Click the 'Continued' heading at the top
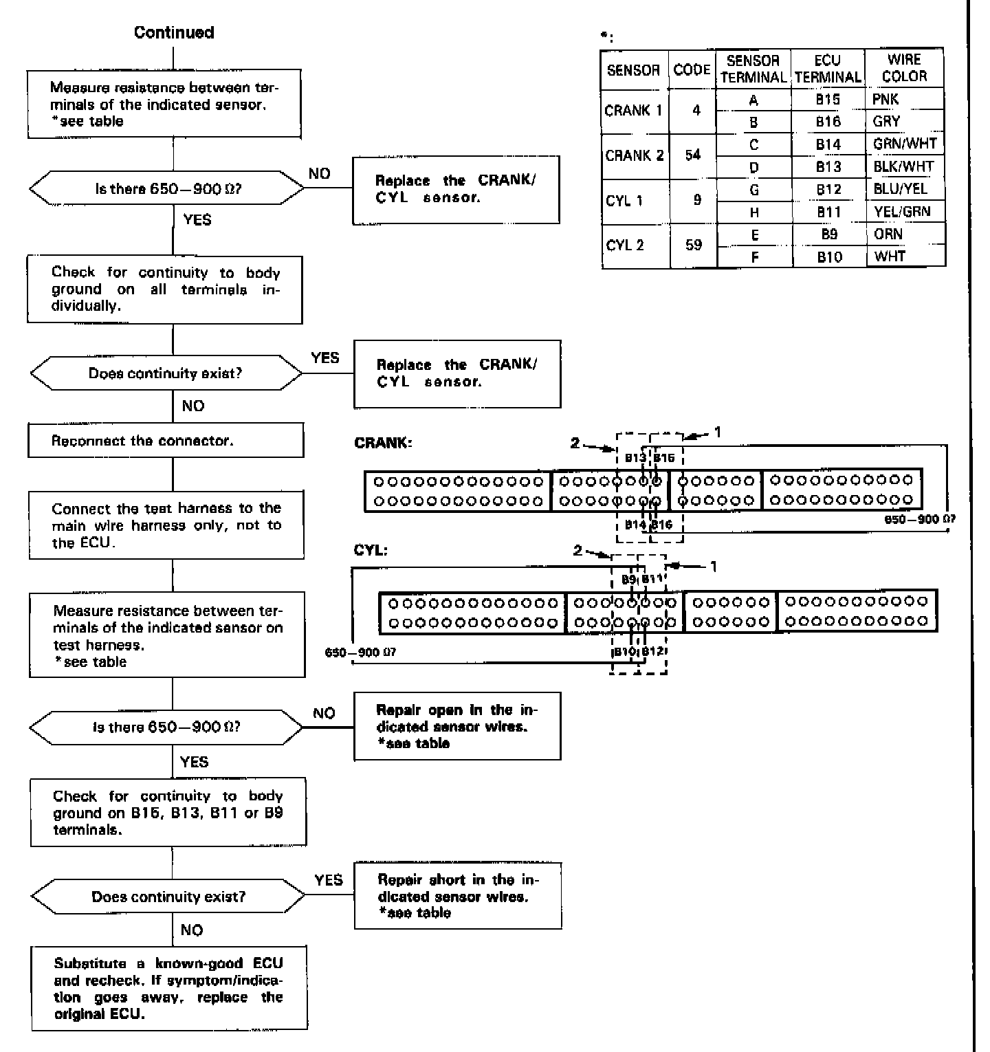pos(174,32)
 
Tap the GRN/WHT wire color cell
pos(904,144)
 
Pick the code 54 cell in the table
pos(692,155)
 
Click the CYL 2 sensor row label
pos(625,245)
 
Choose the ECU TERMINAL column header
pos(828,69)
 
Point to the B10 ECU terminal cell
pos(828,257)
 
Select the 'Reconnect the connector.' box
pos(166,441)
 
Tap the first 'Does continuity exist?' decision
pos(166,373)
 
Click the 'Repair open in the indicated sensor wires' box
pos(457,726)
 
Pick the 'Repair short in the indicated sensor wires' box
pos(458,896)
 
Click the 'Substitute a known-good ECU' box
pos(169,989)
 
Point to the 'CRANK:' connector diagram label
pos(383,443)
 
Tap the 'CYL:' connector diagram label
pos(371,550)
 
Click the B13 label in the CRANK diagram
pos(635,458)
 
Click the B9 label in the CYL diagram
pos(628,580)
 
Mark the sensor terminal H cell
pos(754,212)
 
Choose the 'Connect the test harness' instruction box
pos(166,525)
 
